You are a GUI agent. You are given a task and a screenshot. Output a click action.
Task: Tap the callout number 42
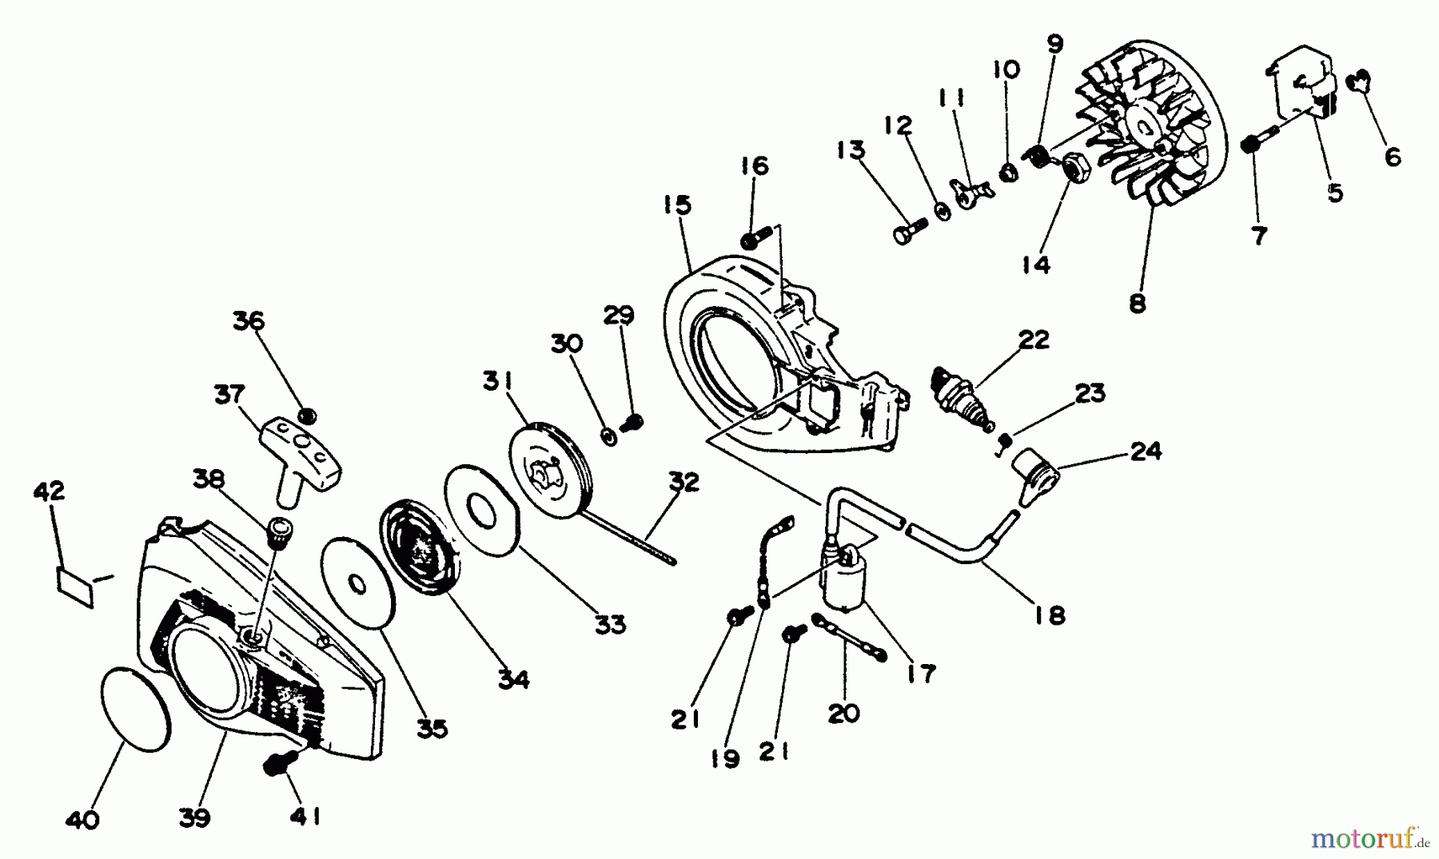(x=50, y=491)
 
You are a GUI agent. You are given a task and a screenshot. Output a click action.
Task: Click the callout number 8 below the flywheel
(x=1137, y=303)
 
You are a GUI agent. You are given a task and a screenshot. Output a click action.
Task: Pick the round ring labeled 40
(x=136, y=710)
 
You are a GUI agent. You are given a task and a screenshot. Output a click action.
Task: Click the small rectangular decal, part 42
(x=74, y=586)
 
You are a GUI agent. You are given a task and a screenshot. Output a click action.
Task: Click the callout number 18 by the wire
(x=1049, y=614)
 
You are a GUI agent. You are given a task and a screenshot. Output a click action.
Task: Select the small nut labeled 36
(x=307, y=416)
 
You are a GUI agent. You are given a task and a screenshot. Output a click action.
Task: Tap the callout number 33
(x=609, y=625)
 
